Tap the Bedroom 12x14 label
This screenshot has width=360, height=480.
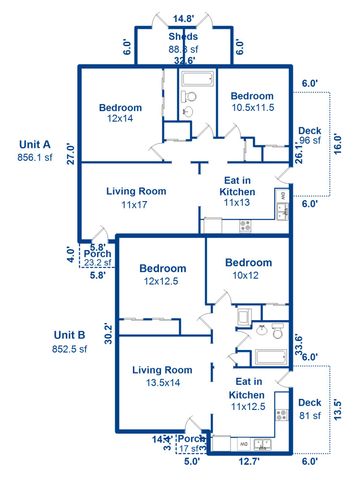pyautogui.click(x=120, y=113)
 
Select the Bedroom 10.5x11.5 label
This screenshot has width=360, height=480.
pyautogui.click(x=252, y=101)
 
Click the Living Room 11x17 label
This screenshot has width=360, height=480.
pyautogui.click(x=135, y=196)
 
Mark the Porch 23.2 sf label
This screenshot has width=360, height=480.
pyautogui.click(x=98, y=259)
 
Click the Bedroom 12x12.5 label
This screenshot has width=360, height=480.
pyautogui.click(x=163, y=275)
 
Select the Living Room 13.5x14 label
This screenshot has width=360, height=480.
pyautogui.click(x=162, y=376)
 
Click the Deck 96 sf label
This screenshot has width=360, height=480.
pyautogui.click(x=309, y=136)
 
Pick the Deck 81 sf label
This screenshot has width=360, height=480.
pyautogui.click(x=309, y=409)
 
